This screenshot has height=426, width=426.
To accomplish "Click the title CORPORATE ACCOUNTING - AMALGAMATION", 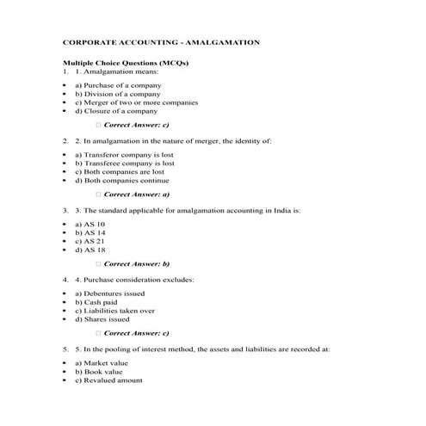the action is (162, 41).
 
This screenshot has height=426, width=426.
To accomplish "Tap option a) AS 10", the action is (90, 224).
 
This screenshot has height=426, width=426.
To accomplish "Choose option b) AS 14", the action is (90, 232).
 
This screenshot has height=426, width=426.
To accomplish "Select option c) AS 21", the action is (90, 242).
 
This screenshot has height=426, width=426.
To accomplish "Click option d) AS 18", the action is (90, 250).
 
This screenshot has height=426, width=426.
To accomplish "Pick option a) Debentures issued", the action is (107, 293).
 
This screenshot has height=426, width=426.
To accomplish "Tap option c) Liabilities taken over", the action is (114, 311).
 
